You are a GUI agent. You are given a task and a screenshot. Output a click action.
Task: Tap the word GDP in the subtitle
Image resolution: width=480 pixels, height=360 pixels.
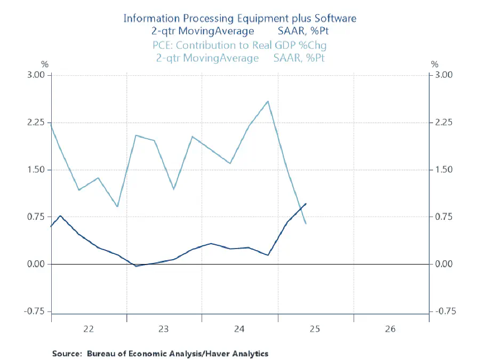[x=291, y=45]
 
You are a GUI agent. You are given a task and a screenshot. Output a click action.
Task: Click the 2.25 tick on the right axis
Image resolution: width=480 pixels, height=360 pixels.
[x=444, y=123]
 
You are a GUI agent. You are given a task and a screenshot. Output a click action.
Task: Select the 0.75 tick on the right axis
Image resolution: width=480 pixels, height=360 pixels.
[x=444, y=217]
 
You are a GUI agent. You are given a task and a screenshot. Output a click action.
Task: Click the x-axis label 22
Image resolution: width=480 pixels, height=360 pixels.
[x=89, y=329]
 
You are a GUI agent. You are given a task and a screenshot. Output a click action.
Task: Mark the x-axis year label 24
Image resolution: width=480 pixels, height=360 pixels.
[x=239, y=329]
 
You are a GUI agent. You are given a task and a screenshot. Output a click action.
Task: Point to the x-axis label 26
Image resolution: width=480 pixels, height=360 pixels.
[x=390, y=329]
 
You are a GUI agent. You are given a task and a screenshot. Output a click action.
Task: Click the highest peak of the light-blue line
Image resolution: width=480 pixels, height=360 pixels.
[x=268, y=101]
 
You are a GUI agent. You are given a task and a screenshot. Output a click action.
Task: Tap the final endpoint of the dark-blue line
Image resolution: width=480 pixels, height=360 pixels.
[x=306, y=203]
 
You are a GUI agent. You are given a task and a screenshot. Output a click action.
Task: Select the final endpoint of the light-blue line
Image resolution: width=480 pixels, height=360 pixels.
[x=306, y=223]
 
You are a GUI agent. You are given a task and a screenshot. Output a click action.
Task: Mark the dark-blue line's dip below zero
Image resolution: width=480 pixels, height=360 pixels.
[x=137, y=266]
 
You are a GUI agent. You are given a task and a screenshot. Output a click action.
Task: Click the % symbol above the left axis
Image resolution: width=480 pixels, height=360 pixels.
[x=45, y=65]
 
